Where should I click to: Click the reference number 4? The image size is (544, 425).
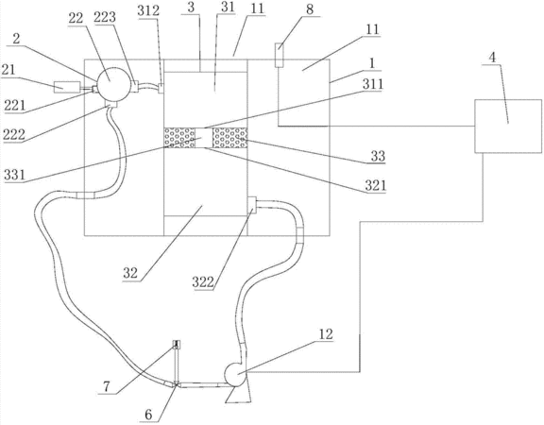[492, 58]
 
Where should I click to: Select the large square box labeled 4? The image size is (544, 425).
[508, 126]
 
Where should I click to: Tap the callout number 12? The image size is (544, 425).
[326, 334]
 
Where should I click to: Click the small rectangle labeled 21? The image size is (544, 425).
[67, 87]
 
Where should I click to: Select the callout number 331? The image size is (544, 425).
[14, 176]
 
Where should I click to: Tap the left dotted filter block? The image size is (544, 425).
[179, 137]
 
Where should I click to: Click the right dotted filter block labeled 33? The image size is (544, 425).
[229, 137]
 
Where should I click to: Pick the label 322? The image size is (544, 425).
[203, 282]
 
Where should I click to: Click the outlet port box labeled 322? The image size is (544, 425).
[251, 205]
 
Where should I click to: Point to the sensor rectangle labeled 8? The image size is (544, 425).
[280, 55]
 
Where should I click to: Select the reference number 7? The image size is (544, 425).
[107, 387]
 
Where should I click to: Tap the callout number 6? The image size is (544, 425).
[148, 415]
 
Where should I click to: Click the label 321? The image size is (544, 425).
[375, 186]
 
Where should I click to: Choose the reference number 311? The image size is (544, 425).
[373, 84]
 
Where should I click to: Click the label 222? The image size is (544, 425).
[14, 135]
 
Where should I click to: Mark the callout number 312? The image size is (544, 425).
[148, 10]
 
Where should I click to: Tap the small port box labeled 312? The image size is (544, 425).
[161, 88]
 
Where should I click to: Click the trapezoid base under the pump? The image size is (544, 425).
[238, 394]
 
